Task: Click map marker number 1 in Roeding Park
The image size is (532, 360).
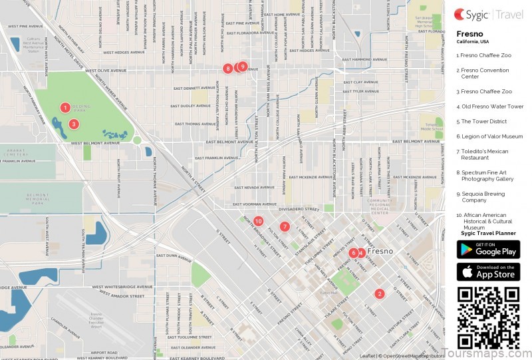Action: pyautogui.click(x=65, y=107)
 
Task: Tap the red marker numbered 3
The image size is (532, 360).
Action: pyautogui.click(x=74, y=123)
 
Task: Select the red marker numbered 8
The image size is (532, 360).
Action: pyautogui.click(x=228, y=68)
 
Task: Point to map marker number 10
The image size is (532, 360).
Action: pyautogui.click(x=258, y=221)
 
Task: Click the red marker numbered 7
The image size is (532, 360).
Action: pyautogui.click(x=285, y=226)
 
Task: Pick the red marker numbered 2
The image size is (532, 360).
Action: pyautogui.click(x=379, y=293)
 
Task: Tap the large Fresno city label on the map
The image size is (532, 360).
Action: pyautogui.click(x=380, y=252)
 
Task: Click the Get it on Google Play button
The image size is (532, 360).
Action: pyautogui.click(x=488, y=250)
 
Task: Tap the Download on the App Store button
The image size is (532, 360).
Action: pyautogui.click(x=488, y=271)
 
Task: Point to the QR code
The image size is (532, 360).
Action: pyautogui.click(x=488, y=317)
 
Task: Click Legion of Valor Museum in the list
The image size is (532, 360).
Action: pyautogui.click(x=489, y=136)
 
